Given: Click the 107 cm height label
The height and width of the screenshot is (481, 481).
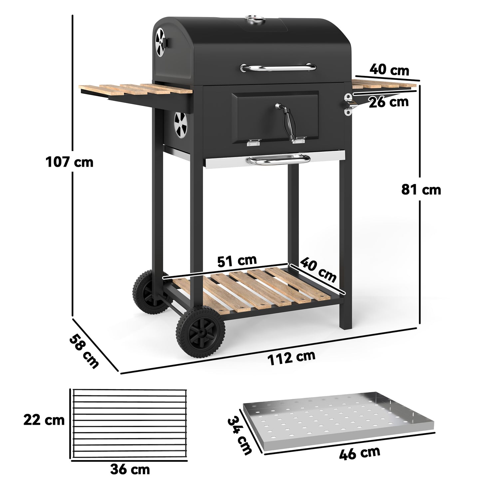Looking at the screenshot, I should (69, 162).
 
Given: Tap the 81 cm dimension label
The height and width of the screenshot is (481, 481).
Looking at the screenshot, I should (421, 190).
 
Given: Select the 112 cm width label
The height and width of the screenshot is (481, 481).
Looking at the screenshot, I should (291, 357).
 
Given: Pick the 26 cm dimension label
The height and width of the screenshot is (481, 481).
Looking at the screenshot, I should (388, 102).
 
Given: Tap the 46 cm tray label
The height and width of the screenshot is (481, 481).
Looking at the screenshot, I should (360, 453).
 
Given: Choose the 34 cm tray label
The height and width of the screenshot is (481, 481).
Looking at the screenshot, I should (239, 436).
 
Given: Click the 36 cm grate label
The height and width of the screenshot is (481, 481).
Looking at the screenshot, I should (130, 470).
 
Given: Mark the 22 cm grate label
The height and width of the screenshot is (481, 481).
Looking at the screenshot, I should (44, 420).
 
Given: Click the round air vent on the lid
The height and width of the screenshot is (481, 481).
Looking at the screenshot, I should (160, 42).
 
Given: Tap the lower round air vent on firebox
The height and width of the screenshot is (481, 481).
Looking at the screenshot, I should (181, 125).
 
